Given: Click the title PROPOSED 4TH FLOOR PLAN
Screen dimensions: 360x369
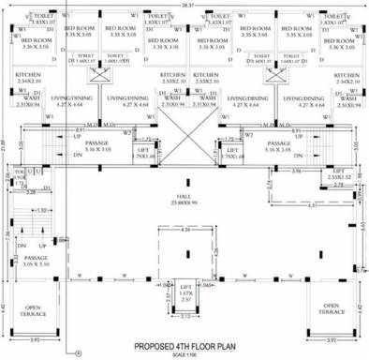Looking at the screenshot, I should pyautogui.click(x=185, y=345).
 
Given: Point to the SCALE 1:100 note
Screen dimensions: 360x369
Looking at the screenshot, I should pyautogui.click(x=185, y=353).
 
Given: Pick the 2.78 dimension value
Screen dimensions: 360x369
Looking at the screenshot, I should pyautogui.click(x=347, y=187).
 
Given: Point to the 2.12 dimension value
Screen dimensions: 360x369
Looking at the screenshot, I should pyautogui.click(x=184, y=317).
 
